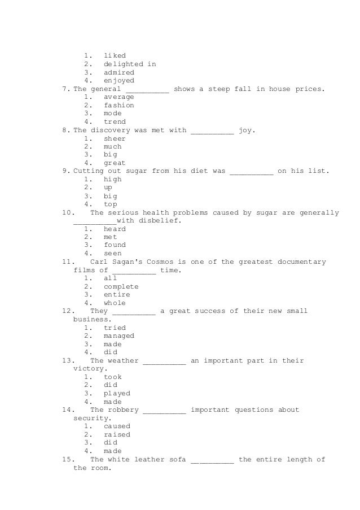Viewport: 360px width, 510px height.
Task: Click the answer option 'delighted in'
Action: coord(130,64)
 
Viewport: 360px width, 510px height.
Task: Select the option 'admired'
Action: coord(119,73)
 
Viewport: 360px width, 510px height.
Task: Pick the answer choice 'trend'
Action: coord(115,122)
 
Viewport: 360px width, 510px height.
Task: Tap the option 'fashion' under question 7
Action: coord(119,106)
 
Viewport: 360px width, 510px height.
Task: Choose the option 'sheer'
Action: coord(115,138)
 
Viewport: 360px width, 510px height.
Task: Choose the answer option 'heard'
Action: coord(115,229)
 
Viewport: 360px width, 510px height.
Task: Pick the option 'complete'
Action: coord(121,287)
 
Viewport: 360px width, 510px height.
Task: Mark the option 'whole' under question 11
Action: coord(115,303)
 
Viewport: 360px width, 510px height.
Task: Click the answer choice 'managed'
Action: coord(119,336)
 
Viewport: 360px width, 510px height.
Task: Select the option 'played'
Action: coord(117,394)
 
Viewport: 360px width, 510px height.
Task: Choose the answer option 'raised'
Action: coord(117,435)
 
